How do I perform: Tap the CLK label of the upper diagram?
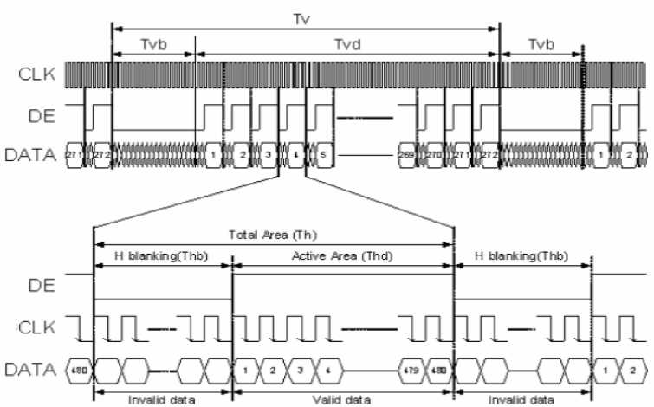(37, 75)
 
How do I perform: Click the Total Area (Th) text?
(273, 234)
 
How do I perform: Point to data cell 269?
(405, 155)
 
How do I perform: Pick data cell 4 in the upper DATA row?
(295, 155)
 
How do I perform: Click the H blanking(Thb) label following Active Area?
(522, 256)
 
